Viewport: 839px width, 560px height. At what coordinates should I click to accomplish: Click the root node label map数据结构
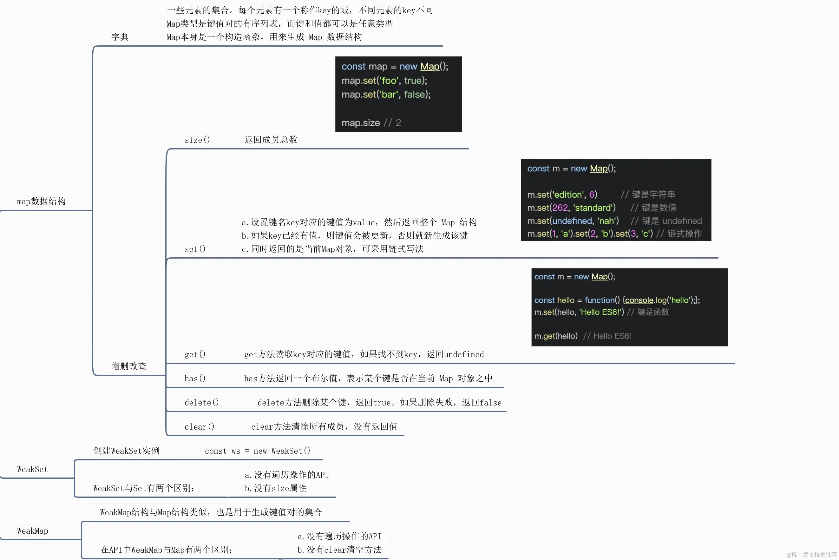[x=42, y=201]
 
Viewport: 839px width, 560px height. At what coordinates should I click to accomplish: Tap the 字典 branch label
[x=120, y=37]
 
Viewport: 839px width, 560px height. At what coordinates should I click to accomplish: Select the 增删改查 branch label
[x=129, y=366]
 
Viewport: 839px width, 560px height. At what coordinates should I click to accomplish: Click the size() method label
[x=197, y=140]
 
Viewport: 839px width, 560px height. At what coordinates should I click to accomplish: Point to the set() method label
[x=195, y=249]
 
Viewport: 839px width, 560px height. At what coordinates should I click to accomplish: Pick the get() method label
[x=195, y=354]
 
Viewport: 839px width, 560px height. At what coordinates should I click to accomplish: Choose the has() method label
[x=195, y=379]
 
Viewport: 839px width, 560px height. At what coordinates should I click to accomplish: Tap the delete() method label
[x=202, y=403]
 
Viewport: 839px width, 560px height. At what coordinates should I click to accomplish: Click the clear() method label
[x=199, y=427]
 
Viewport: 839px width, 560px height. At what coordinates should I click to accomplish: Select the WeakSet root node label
[x=32, y=469]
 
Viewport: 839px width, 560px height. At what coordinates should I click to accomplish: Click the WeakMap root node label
[x=32, y=531]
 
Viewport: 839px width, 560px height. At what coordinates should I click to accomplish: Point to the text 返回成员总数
[x=271, y=140]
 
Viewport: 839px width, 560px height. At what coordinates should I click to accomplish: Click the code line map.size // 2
[x=371, y=123]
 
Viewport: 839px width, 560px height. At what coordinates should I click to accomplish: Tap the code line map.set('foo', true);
[x=384, y=80]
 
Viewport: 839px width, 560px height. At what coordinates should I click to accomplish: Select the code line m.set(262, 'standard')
[x=571, y=208]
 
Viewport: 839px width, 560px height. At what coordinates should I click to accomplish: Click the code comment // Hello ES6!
[x=607, y=336]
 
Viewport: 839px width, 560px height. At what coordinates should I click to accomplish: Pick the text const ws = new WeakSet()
[x=258, y=451]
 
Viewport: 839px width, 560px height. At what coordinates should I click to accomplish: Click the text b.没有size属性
[x=276, y=488]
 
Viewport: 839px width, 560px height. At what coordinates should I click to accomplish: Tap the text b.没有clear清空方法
[x=339, y=550]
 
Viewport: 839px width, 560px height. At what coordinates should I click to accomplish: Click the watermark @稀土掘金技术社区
[x=811, y=555]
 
